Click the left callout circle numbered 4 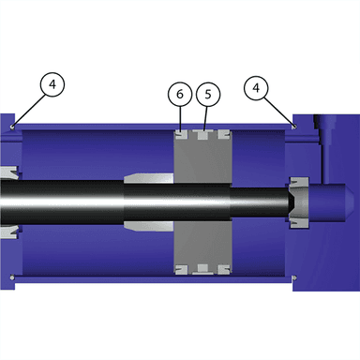click(x=52, y=84)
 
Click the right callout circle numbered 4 click(x=256, y=88)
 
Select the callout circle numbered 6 click(x=180, y=94)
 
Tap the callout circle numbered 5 click(x=208, y=95)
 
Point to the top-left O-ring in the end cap click(x=12, y=127)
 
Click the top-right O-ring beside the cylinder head click(x=294, y=127)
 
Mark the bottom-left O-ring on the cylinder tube click(x=12, y=277)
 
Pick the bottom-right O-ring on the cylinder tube click(x=294, y=277)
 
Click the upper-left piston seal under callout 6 click(x=181, y=135)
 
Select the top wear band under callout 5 click(x=203, y=134)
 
